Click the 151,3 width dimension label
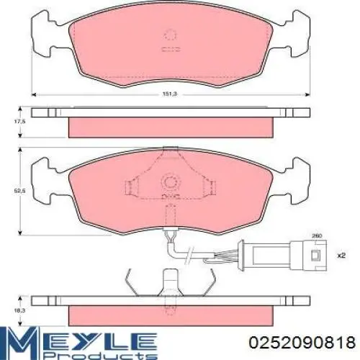click(x=170, y=94)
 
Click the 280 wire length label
click(x=316, y=236)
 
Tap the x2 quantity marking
click(x=341, y=256)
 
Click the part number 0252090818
click(x=302, y=343)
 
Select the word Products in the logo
click(x=101, y=355)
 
